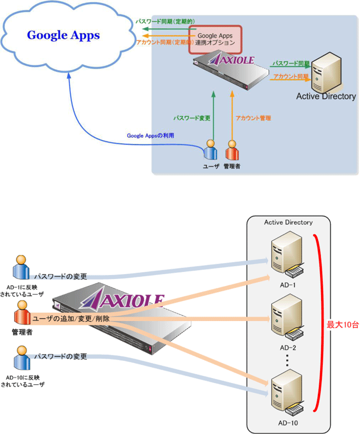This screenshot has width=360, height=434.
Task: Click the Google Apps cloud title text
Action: pos(64,35)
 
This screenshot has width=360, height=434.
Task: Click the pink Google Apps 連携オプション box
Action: pos(215,39)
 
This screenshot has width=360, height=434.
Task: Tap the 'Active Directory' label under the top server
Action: pos(326,96)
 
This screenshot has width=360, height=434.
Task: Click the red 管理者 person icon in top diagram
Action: pos(232,151)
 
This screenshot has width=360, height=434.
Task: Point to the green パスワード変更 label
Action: pos(192,118)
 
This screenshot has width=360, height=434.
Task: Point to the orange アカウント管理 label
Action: pos(253,118)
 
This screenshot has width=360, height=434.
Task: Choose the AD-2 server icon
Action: pos(286,319)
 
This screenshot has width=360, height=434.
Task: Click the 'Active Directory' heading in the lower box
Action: pos(288,223)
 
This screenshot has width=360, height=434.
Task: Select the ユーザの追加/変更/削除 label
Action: pos(71,319)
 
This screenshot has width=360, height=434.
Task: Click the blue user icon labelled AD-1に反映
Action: pos(21,267)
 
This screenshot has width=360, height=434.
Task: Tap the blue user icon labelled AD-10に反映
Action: pos(21,359)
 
